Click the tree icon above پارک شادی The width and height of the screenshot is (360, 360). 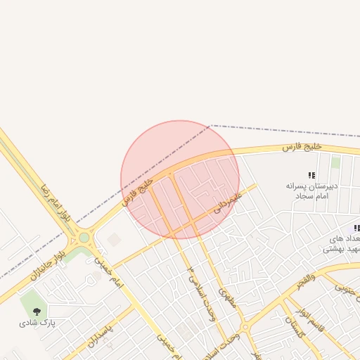click(36, 309)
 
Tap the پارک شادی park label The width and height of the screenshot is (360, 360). click(37, 323)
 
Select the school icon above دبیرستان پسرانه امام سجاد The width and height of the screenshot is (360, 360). click(311, 175)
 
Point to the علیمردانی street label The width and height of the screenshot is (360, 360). click(226, 202)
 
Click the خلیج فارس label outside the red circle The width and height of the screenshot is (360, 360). click(302, 146)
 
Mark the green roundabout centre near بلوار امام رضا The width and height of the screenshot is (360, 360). click(84, 238)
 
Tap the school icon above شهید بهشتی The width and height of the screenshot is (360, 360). click(356, 229)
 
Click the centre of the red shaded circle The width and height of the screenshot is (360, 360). click(180, 179)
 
